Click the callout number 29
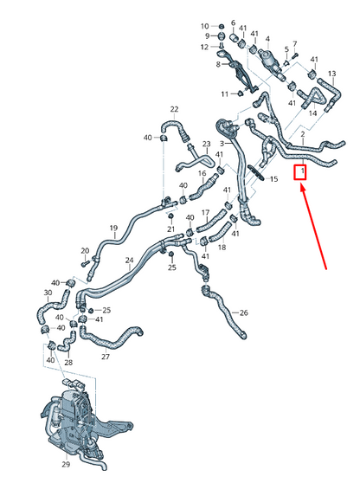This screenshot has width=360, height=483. (66, 464)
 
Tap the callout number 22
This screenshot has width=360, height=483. (174, 109)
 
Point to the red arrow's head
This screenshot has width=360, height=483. (303, 188)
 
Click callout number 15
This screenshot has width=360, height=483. (273, 178)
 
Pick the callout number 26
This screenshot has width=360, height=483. (243, 313)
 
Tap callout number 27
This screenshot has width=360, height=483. (106, 357)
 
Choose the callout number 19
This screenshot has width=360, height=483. (113, 228)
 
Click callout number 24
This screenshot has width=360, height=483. (129, 261)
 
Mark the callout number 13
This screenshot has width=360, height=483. (332, 74)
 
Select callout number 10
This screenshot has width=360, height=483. (205, 26)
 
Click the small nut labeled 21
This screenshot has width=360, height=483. (171, 216)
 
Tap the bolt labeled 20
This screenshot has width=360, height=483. (86, 264)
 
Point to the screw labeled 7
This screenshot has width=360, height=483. (293, 56)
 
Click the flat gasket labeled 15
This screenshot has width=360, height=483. (256, 172)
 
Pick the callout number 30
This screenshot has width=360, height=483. (48, 293)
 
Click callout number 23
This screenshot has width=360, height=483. (206, 144)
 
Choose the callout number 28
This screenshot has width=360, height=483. (68, 362)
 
